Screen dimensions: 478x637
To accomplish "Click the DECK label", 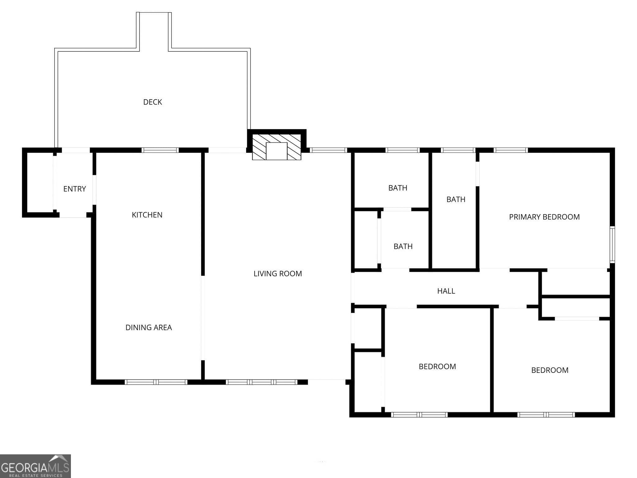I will point(152,102).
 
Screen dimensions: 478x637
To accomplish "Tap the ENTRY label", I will point(74,189).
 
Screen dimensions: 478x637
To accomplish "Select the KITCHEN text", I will point(147,215).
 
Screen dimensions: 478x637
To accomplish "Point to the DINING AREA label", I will point(148,327).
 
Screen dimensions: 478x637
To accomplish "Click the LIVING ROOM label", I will point(277,274).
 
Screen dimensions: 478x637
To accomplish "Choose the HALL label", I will point(446,291).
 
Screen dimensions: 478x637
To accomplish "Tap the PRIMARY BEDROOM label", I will point(544,217).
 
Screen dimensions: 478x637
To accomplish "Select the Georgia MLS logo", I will point(35,466).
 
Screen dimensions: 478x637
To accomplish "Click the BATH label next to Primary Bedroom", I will point(456,199).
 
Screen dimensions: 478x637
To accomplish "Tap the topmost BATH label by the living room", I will point(398,188).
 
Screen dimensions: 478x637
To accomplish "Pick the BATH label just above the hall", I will point(403,246).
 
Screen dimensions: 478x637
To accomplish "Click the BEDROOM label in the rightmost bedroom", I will point(550,370).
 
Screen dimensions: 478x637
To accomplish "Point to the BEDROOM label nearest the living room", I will point(437,367).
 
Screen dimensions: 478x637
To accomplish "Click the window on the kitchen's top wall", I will point(160,150).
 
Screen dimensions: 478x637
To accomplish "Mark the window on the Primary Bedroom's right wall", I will point(612,245).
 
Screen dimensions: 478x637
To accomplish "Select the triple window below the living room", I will point(261,382).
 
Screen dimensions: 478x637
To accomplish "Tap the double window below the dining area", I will point(156,382).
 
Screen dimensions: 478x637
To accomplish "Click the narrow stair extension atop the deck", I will point(154,30).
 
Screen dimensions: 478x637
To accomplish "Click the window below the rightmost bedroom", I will point(546,415).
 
